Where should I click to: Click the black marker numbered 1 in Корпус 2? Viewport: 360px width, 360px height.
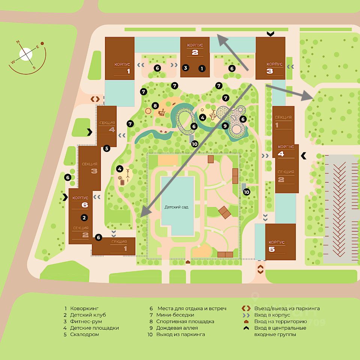[202, 68]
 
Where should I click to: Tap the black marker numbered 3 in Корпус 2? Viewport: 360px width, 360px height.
[186, 68]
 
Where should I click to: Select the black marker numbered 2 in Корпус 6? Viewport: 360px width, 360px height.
[84, 217]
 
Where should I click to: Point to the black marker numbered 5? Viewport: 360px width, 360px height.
[106, 148]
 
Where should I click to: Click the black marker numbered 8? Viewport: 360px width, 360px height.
[155, 106]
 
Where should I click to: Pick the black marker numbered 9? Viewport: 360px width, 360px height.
[225, 126]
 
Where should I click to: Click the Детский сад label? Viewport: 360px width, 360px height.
[176, 207]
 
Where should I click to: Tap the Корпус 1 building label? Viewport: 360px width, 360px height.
[122, 68]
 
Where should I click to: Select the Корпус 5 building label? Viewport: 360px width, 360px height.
[276, 246]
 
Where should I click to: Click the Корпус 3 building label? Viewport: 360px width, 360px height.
[274, 68]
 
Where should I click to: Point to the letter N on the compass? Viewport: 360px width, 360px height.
[18, 42]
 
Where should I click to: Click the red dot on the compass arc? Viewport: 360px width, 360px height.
[42, 43]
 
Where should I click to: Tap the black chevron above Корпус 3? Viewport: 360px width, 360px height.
[271, 34]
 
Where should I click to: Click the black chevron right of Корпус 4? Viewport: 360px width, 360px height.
[303, 156]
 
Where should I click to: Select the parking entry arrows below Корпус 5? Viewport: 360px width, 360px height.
[260, 269]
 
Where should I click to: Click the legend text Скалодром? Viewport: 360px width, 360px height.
[84, 334]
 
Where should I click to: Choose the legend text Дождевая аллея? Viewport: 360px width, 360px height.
[177, 328]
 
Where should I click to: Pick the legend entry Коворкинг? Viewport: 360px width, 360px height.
[84, 308]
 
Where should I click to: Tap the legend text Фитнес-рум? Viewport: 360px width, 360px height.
[86, 321]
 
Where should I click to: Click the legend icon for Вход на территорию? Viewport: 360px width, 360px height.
[246, 322]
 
